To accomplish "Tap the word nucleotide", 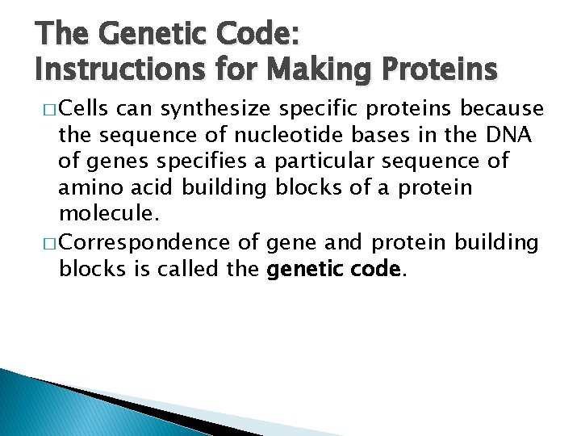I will tap(302, 134).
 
